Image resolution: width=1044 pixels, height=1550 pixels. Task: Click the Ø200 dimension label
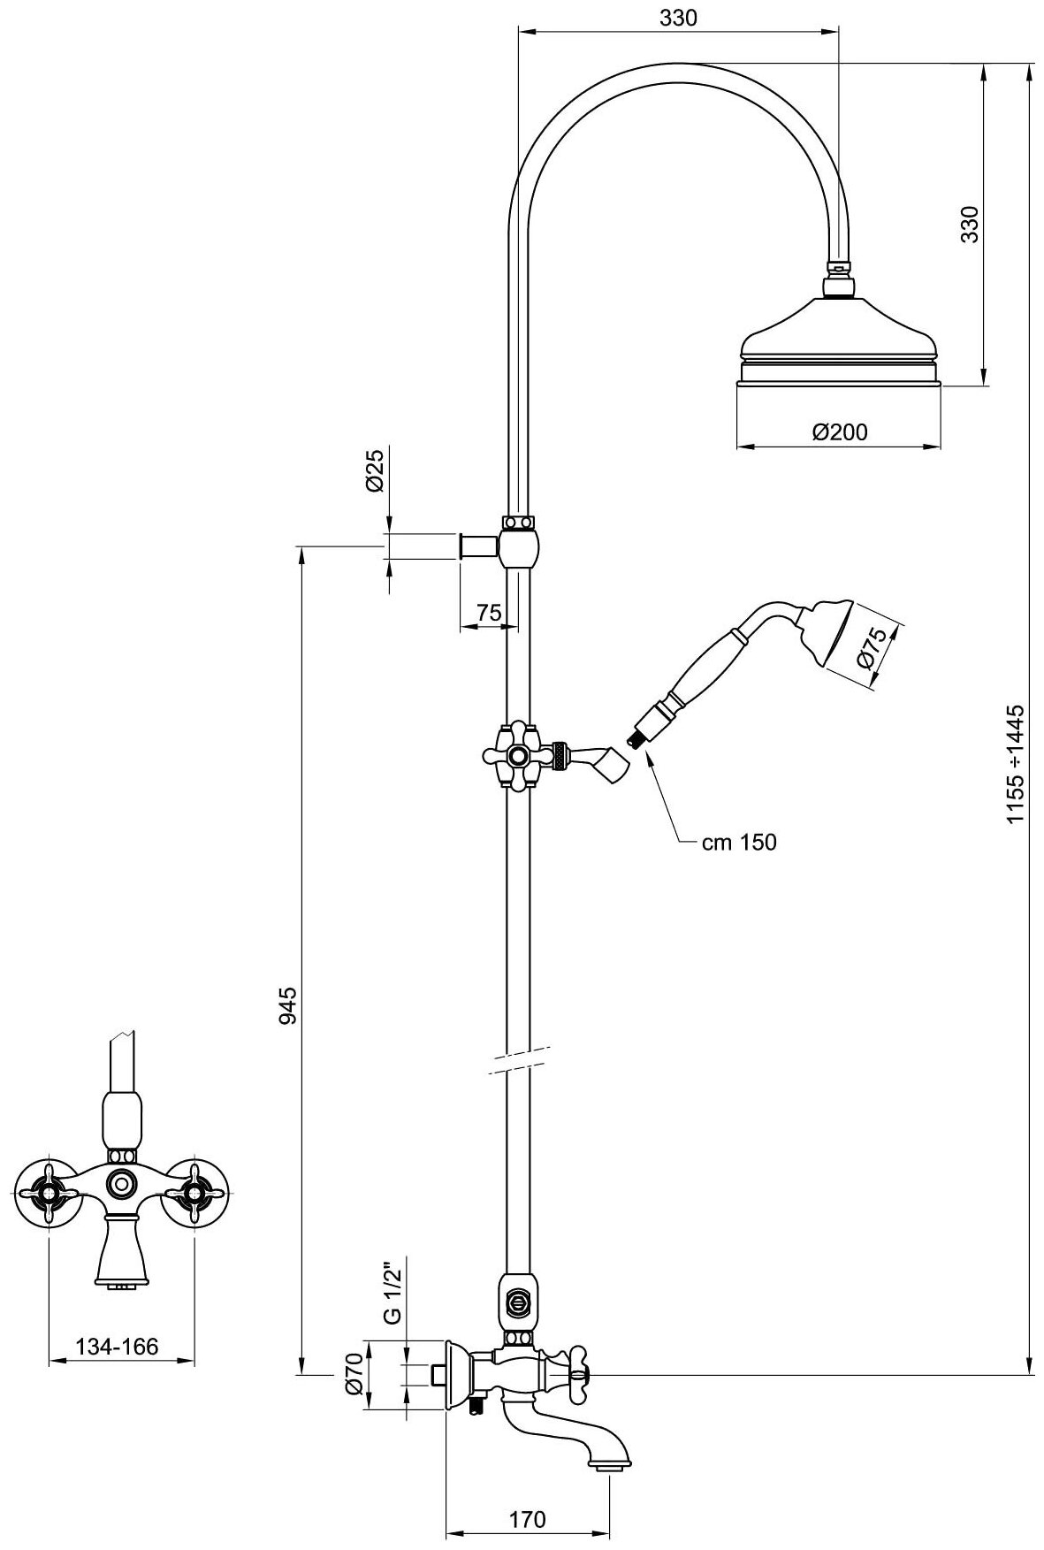click(x=839, y=431)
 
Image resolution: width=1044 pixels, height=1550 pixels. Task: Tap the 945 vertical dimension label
click(x=287, y=1005)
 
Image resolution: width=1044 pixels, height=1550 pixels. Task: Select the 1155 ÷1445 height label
click(x=1016, y=765)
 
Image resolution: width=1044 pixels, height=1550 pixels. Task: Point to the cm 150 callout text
click(x=739, y=843)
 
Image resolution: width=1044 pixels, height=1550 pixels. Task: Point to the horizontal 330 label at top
click(x=678, y=18)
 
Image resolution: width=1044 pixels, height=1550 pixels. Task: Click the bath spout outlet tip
click(x=609, y=1467)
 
